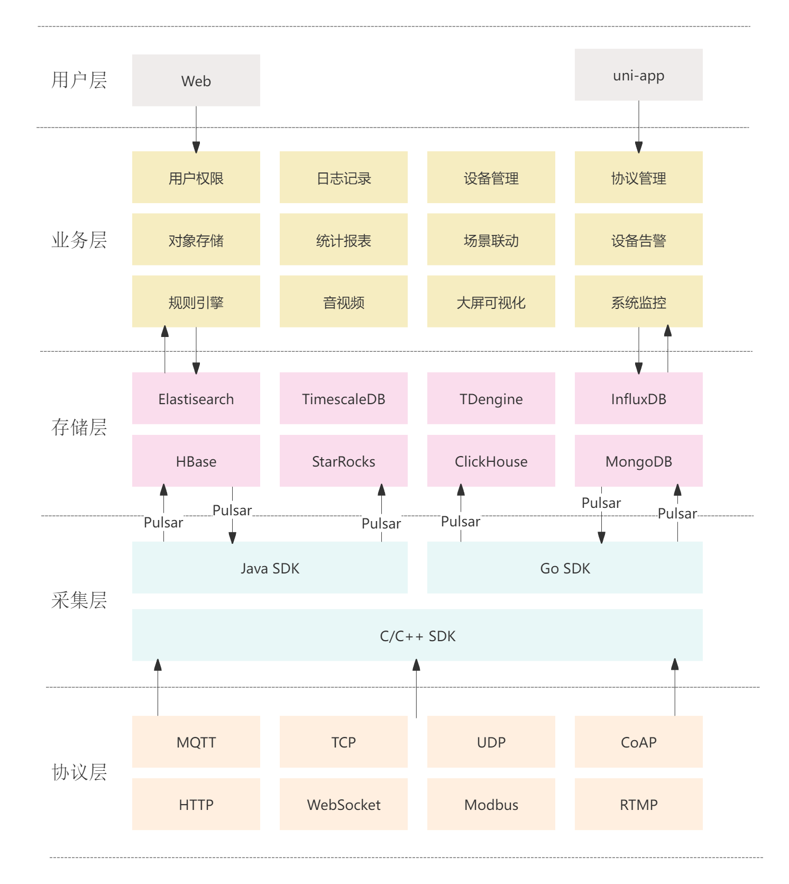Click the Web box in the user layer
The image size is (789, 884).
coord(196,80)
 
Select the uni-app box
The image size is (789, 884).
coord(638,75)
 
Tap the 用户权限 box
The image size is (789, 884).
coord(196,177)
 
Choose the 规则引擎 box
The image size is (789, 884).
coord(196,302)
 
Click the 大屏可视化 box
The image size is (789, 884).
coord(491,302)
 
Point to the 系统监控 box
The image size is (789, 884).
coord(638,302)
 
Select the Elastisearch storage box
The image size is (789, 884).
coord(196,398)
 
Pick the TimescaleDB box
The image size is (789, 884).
coord(343,398)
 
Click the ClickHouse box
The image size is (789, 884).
coord(491,461)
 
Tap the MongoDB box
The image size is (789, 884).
coord(638,461)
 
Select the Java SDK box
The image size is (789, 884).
coord(270,568)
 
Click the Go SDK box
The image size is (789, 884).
coord(565,568)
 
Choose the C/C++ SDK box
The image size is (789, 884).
coord(417,635)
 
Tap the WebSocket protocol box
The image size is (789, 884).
coord(343,804)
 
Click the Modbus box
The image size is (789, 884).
coord(491,804)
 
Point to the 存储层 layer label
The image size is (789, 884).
coord(79,427)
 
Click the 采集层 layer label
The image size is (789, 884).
coord(79,600)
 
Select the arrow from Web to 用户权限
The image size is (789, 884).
coord(196,130)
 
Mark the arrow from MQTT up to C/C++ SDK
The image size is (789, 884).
coord(158,688)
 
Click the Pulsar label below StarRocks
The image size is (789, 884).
coord(381,524)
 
